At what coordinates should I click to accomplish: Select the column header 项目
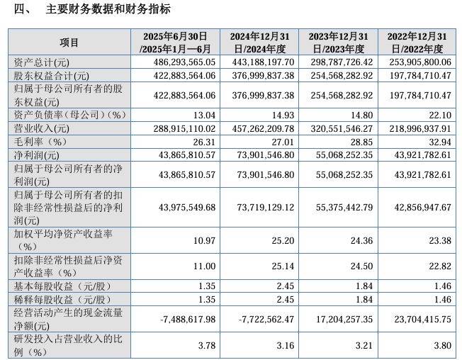point(69,43)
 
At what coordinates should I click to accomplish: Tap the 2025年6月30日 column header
point(174,43)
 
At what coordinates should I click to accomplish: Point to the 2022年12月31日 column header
point(415,43)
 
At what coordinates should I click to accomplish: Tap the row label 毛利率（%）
point(44,141)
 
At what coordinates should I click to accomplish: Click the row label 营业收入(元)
point(42,128)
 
